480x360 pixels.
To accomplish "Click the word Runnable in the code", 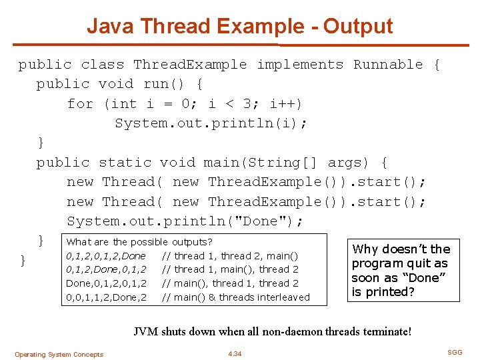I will coord(388,65).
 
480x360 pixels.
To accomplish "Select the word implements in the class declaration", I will coord(300,65).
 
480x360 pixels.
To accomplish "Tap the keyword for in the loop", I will coord(80,104).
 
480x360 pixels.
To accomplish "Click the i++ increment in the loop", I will coord(284,104).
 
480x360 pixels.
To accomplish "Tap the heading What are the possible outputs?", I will coord(139,242).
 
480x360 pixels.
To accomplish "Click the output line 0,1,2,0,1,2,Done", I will coord(106,256).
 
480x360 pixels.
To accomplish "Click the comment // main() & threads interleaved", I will coord(237,297).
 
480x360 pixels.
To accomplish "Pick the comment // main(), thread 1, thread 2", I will coord(231,283).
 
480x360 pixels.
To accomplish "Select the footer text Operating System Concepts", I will coord(59,355).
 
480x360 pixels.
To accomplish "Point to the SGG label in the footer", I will coord(455,351).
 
